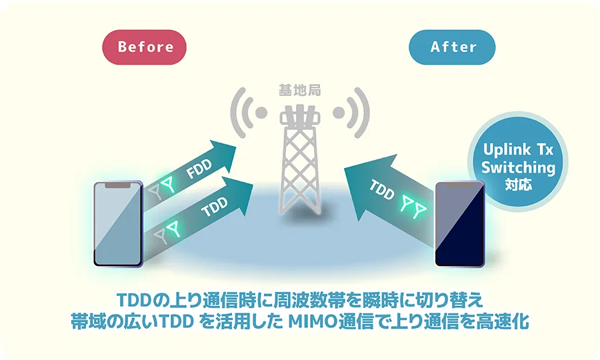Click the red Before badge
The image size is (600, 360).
144,47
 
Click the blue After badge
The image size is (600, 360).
453,47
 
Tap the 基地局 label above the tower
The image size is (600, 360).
299,89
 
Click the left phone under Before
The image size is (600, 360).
119,223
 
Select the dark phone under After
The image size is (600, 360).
459,223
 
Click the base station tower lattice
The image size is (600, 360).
299,167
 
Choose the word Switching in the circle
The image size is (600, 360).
518,167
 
